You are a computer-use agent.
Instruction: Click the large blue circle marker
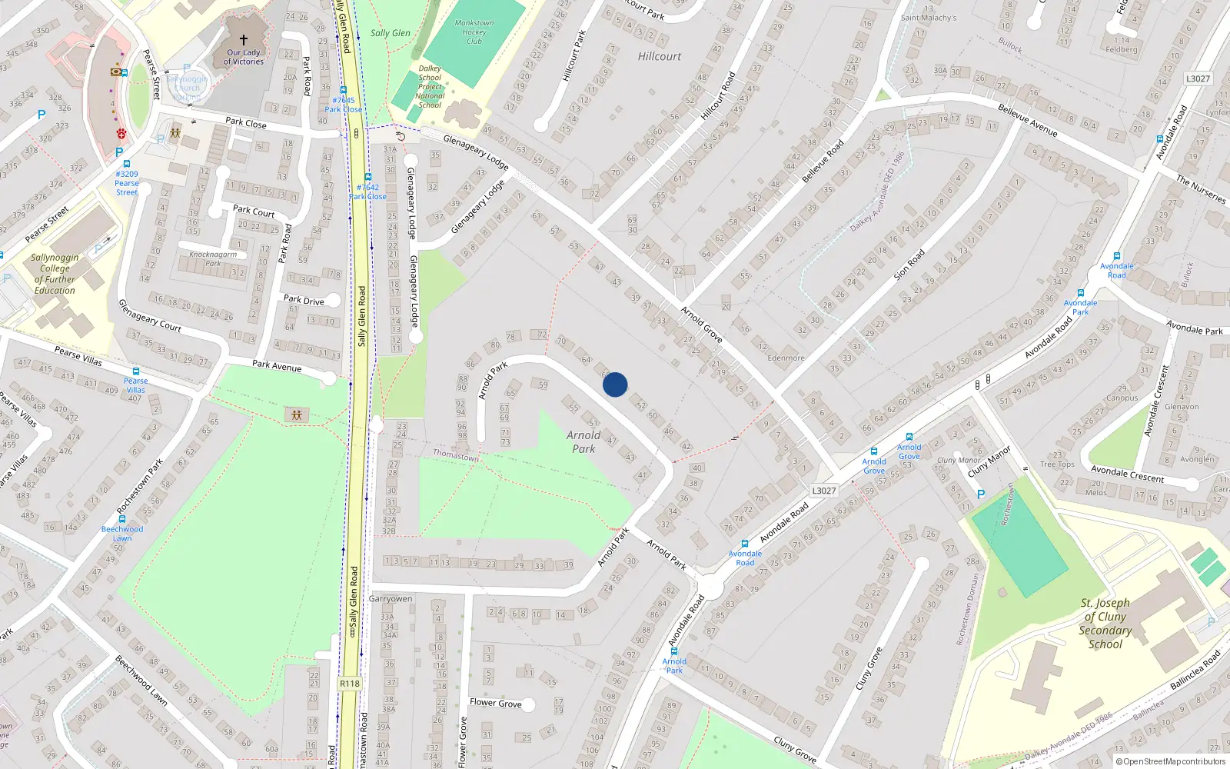point(615,384)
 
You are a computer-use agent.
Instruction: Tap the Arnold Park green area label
point(583,441)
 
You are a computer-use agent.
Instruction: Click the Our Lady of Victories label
point(244,56)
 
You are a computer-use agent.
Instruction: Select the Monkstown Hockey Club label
point(474,32)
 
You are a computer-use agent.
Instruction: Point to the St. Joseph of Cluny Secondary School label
point(1105,623)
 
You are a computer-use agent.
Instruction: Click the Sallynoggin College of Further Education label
point(55,274)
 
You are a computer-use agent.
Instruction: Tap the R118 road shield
point(350,684)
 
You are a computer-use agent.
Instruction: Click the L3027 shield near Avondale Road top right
point(1198,78)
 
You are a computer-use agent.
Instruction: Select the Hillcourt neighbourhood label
point(659,56)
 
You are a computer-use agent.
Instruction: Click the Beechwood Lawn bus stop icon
point(122,519)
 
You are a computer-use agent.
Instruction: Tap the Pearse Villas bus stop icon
point(136,371)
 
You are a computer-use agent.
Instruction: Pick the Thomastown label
point(455,455)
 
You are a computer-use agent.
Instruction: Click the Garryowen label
point(391,598)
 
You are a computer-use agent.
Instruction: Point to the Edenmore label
point(786,358)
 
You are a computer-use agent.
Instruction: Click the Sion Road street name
point(909,265)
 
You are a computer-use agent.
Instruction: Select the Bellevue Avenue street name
point(1027,119)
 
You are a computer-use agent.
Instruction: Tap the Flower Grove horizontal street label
point(495,702)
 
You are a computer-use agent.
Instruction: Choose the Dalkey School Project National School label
point(430,86)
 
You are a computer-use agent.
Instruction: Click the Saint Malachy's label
point(929,18)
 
